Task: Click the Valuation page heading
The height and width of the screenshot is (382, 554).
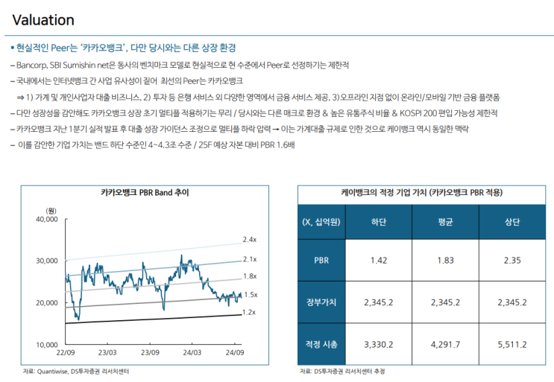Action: click(43, 20)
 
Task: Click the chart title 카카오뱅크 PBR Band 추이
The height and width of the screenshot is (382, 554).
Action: click(145, 192)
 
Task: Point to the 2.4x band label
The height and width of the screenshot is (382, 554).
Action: click(250, 240)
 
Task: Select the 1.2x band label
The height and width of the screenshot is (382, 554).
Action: click(250, 313)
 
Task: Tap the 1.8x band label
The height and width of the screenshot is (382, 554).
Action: click(250, 276)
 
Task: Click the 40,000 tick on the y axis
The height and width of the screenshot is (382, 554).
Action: click(46, 220)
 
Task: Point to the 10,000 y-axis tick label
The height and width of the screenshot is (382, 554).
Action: click(46, 345)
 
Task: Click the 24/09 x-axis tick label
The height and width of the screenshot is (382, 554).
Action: click(235, 352)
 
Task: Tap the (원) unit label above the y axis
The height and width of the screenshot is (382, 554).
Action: click(51, 211)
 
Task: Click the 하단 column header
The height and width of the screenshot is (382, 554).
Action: click(378, 222)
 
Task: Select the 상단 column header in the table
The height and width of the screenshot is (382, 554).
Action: click(511, 222)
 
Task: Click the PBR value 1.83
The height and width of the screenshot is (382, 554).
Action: click(445, 260)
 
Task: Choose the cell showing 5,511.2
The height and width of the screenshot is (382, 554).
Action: click(511, 344)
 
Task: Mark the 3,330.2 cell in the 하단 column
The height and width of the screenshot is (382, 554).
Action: click(378, 344)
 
